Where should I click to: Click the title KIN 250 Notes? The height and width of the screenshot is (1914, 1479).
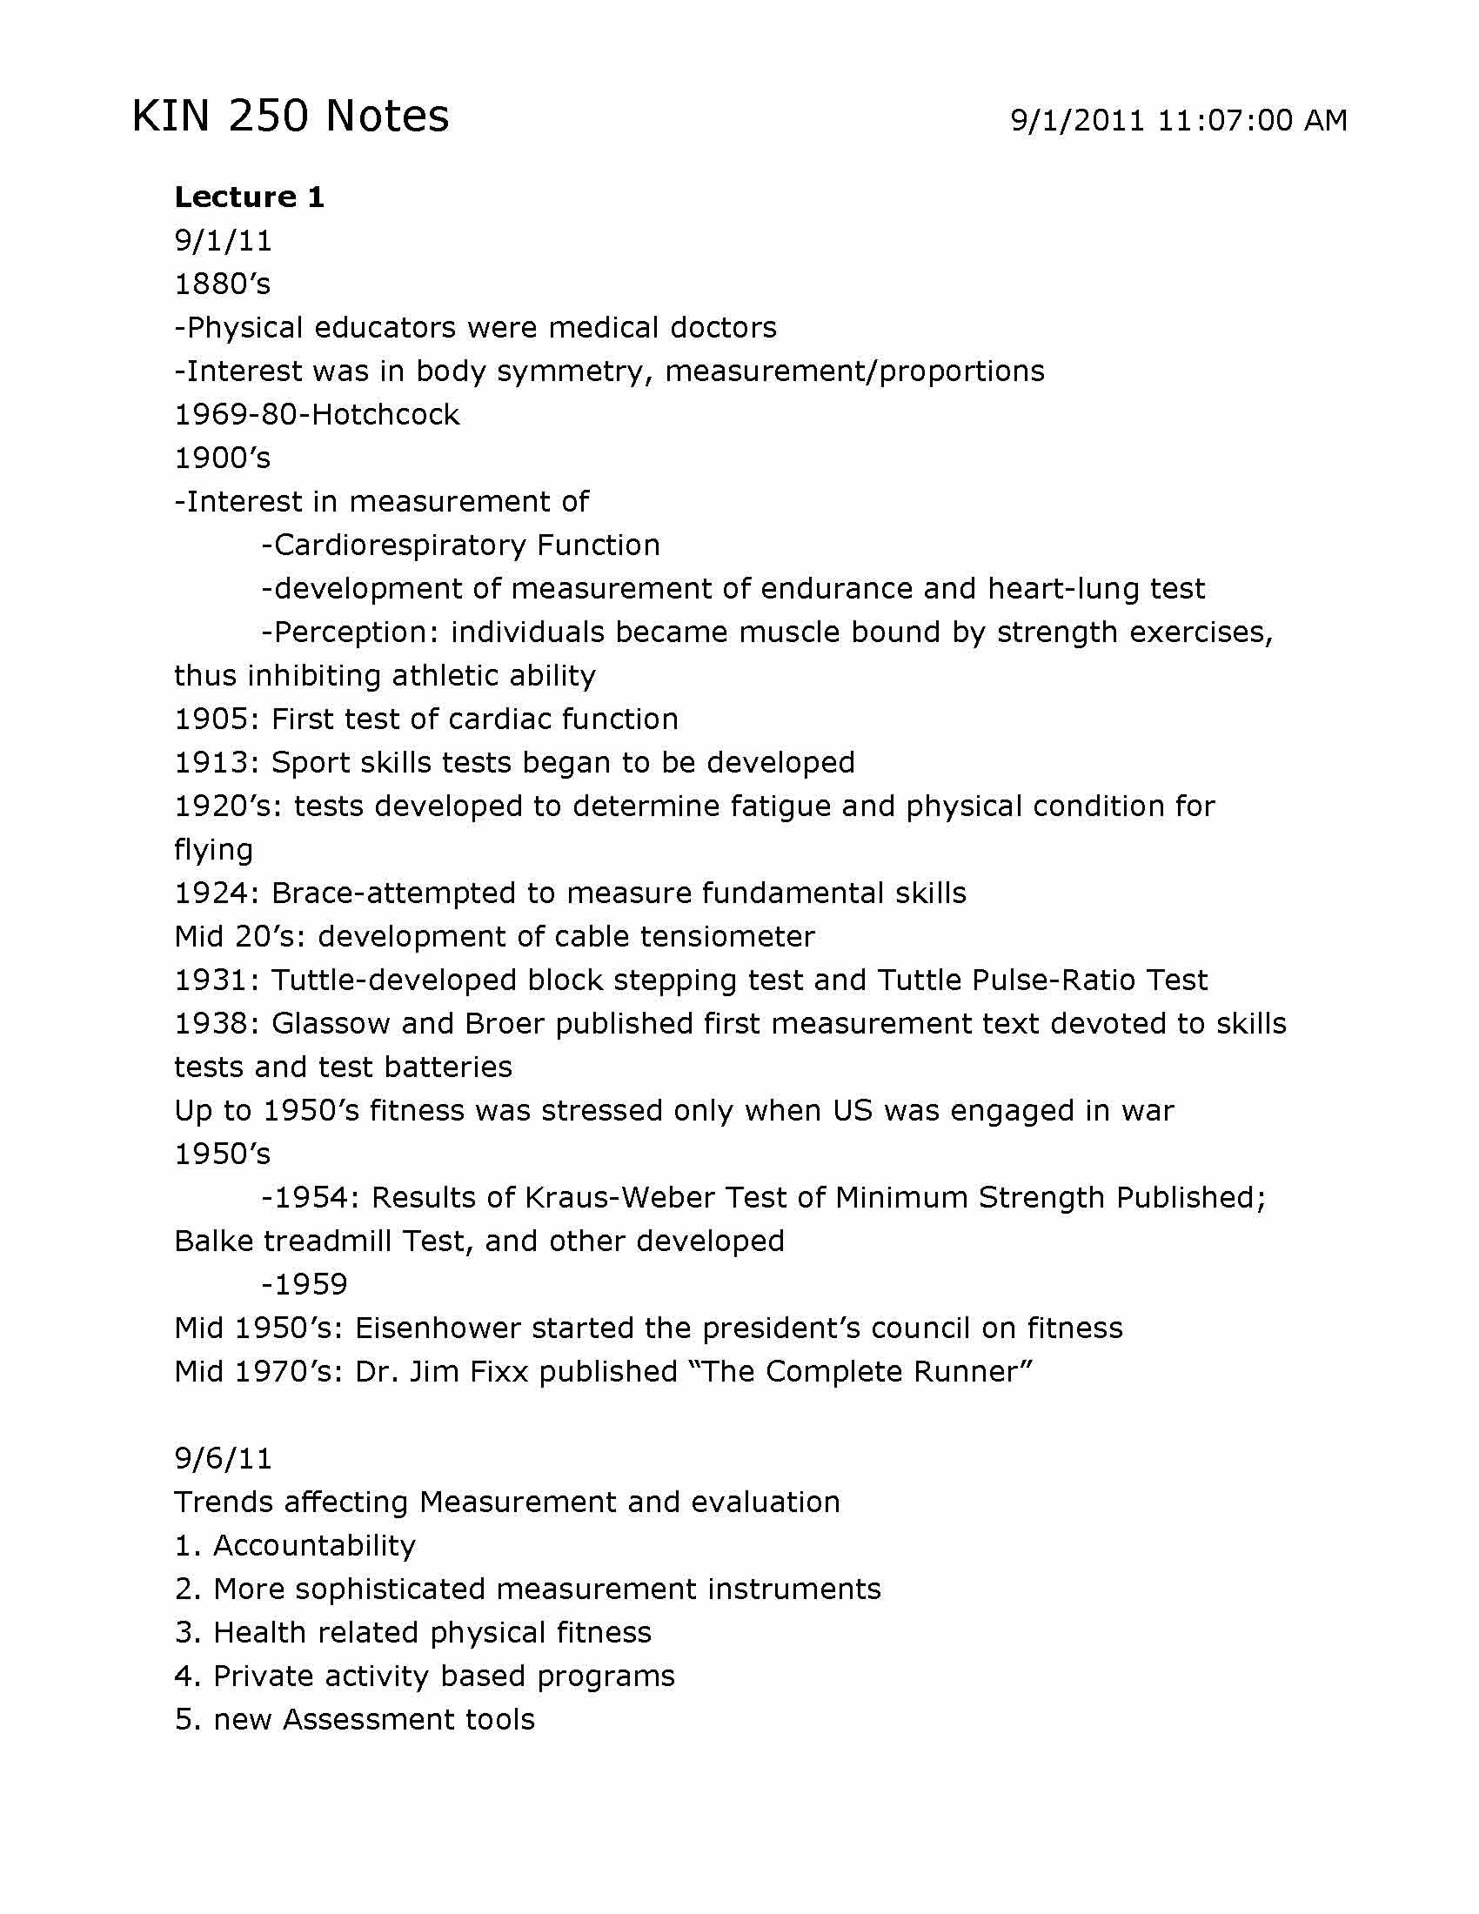(290, 116)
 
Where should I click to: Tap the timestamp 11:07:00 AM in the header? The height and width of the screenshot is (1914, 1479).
(1252, 120)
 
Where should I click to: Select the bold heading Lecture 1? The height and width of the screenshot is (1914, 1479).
(250, 197)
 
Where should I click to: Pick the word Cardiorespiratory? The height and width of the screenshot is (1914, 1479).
(399, 545)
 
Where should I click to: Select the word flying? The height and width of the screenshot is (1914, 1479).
(213, 850)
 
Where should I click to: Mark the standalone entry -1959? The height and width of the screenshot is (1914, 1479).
(304, 1285)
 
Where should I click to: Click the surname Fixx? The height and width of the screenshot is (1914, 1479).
(500, 1371)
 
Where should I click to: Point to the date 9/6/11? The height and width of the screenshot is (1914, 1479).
(224, 1458)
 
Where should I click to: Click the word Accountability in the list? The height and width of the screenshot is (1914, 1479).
(315, 1545)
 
